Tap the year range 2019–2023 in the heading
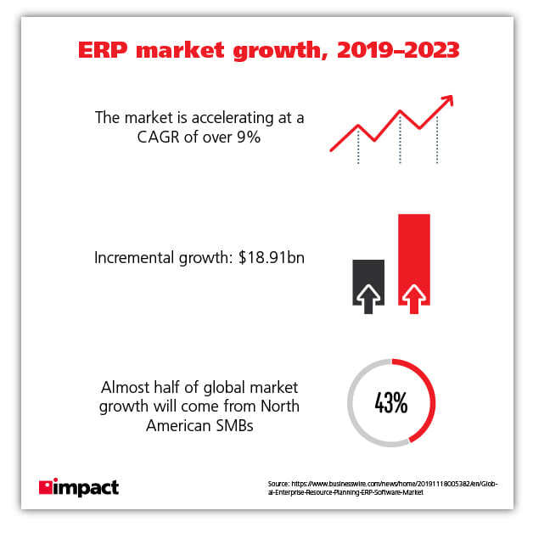click(x=399, y=50)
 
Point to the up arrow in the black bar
click(x=367, y=296)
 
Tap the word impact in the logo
click(x=87, y=488)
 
